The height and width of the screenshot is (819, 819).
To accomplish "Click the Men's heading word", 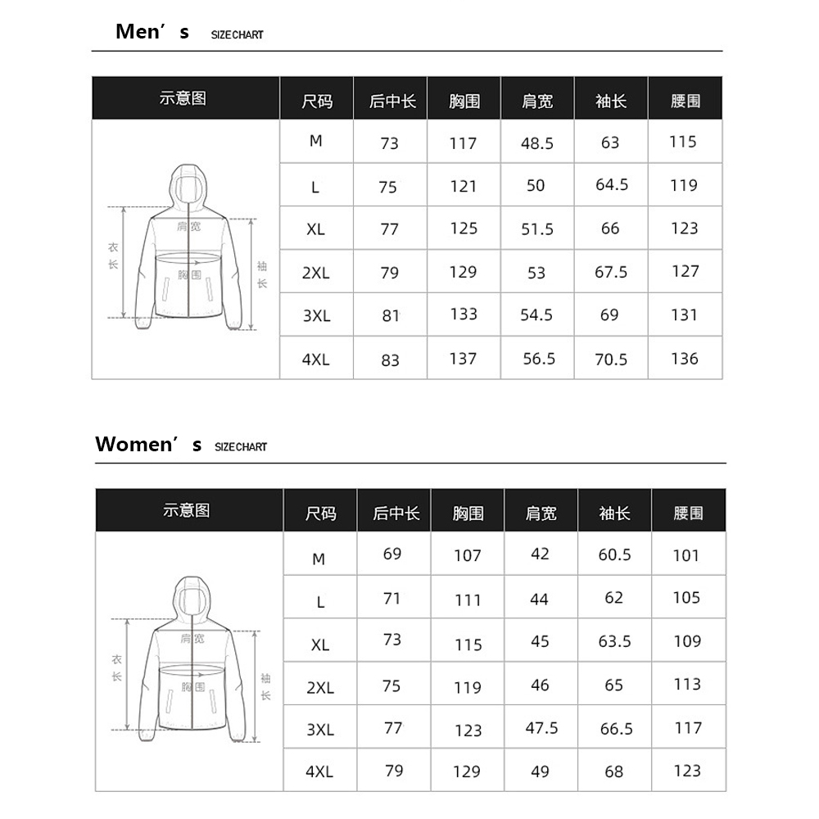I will tap(152, 32).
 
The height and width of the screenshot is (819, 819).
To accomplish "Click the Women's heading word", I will tap(148, 445).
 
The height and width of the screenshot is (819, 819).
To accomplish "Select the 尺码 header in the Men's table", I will tap(317, 102).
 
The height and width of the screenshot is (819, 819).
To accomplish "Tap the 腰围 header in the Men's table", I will tap(685, 102).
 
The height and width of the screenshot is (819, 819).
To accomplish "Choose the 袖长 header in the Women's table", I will tap(614, 514).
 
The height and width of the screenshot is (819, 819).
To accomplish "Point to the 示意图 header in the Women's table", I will tap(187, 510).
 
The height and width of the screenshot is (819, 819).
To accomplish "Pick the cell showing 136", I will tap(684, 359).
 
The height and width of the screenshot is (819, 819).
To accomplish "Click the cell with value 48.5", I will tap(537, 143).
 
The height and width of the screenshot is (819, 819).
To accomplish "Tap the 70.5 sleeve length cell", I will tap(611, 360).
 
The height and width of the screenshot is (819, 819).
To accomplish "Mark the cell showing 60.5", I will tap(615, 555).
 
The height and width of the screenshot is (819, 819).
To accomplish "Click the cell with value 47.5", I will tap(541, 728).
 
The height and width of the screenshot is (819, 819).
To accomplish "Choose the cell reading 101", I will tap(686, 556).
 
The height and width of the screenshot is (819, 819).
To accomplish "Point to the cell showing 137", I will tap(463, 359).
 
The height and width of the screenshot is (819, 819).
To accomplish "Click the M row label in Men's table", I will tap(316, 141).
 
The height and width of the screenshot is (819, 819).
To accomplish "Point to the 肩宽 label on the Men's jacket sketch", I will tap(188, 226).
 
